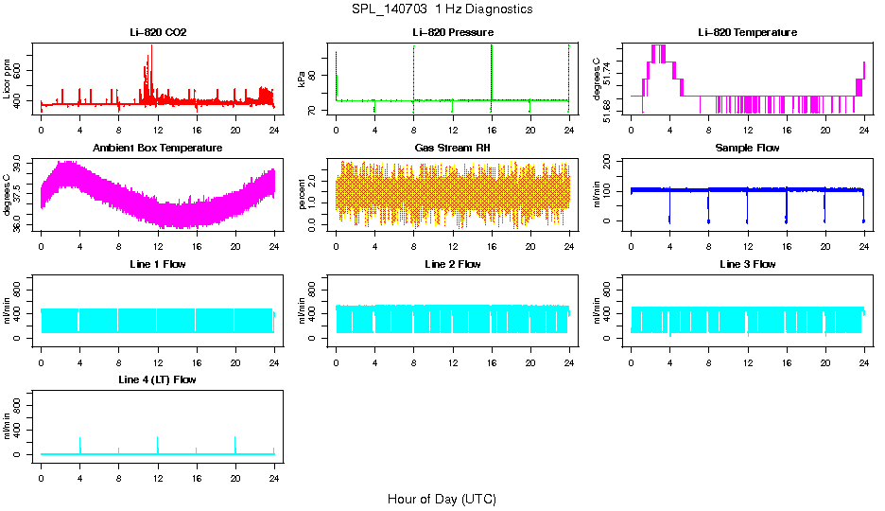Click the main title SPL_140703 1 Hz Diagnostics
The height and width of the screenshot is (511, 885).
point(442,9)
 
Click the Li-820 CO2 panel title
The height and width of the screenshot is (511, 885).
point(158,33)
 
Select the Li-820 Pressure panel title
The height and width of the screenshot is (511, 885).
point(452,33)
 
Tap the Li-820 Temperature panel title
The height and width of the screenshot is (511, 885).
point(747,33)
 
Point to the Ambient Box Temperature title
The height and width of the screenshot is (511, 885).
point(158,149)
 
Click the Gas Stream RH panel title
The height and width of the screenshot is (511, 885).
point(452,149)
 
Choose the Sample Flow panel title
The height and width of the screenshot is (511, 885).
point(747,149)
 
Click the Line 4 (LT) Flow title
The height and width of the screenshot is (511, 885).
point(158,379)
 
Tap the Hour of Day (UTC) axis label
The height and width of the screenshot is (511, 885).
point(442,499)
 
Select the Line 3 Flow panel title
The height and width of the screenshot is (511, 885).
point(747,264)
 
